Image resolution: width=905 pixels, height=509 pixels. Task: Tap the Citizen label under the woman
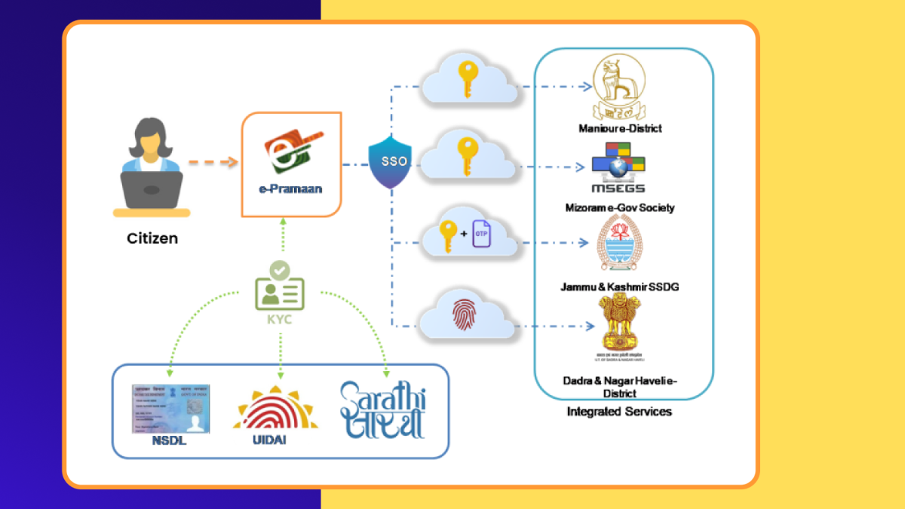(152, 238)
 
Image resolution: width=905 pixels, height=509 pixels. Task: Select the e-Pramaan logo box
(292, 164)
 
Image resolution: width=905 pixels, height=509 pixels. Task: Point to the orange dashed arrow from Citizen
(212, 162)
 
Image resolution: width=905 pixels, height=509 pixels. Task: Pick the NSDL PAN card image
(171, 408)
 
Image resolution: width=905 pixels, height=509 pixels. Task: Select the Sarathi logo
(382, 409)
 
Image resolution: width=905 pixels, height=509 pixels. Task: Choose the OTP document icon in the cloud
(481, 234)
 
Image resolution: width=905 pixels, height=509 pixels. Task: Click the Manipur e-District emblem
(619, 87)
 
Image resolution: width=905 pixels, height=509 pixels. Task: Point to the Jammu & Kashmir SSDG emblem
(618, 242)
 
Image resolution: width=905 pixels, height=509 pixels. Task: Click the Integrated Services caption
(619, 412)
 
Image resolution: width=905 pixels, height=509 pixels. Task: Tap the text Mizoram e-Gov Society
(620, 207)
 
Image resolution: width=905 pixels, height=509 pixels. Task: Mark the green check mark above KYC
(279, 268)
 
